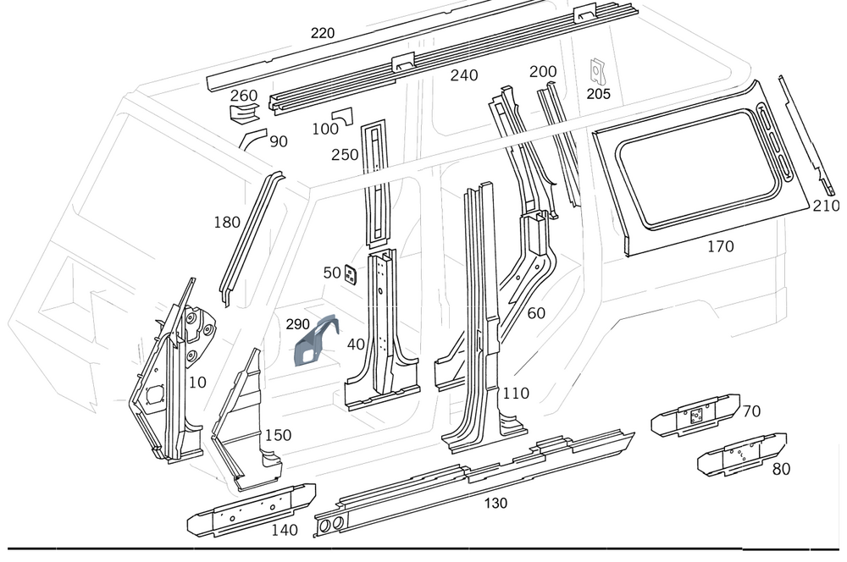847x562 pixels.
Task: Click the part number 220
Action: click(x=323, y=33)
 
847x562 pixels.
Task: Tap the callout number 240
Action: click(x=464, y=75)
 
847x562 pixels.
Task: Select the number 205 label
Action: click(x=598, y=94)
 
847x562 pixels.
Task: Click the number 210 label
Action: click(x=825, y=206)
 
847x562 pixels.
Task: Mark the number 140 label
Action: click(x=285, y=530)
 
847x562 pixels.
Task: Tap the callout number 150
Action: click(x=278, y=435)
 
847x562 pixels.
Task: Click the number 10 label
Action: click(x=197, y=382)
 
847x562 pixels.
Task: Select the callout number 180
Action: click(x=227, y=223)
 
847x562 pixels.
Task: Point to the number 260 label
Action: click(x=244, y=94)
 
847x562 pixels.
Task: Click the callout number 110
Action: click(x=516, y=393)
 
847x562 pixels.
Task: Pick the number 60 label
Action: click(x=536, y=313)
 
